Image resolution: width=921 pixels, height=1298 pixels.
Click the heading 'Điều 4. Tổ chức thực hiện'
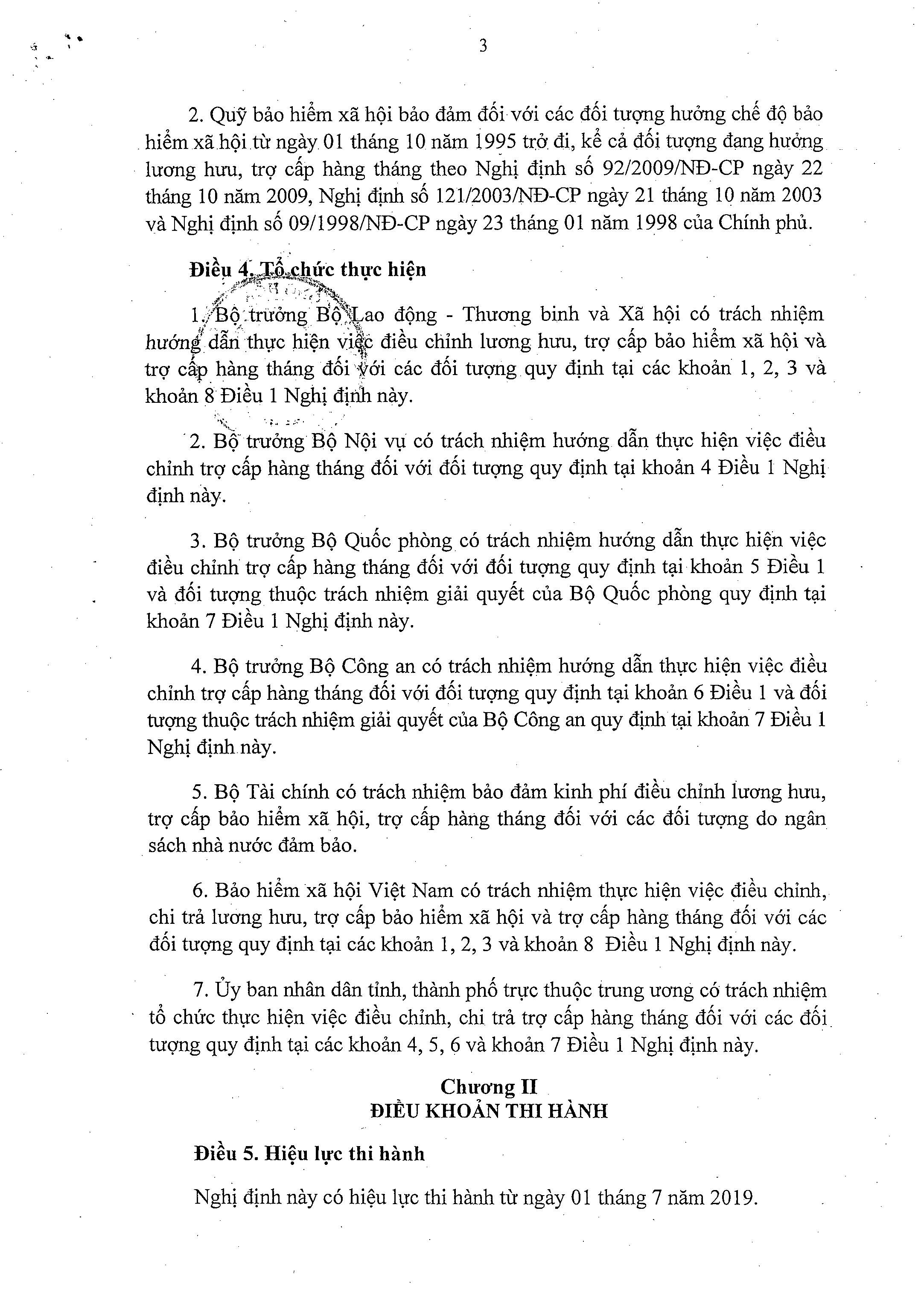click(309, 269)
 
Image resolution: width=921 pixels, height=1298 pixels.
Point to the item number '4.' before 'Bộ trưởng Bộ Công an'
click(198, 666)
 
